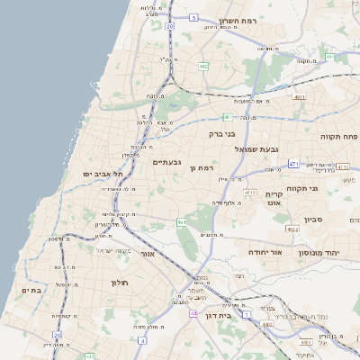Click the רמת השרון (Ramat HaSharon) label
[238, 21]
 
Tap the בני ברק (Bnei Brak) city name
[220, 133]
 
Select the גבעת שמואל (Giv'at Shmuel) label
[257, 148]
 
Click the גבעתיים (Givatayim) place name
[168, 162]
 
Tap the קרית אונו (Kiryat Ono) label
[274, 199]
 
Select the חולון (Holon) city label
[121, 283]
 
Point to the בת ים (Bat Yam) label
[31, 291]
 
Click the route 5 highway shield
[193, 17]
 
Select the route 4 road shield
[142, 341]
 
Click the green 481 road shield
[228, 117]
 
